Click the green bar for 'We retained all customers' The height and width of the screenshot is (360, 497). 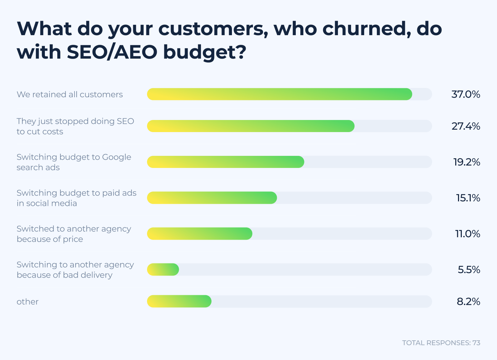(x=280, y=94)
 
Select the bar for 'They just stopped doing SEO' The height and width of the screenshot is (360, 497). (x=251, y=126)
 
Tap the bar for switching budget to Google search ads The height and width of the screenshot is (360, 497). (x=225, y=162)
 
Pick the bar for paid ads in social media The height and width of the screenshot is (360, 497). (x=212, y=198)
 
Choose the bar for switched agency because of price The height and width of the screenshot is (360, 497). (x=199, y=234)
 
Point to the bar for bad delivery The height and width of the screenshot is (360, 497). (x=163, y=270)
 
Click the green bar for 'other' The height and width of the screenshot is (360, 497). (x=179, y=301)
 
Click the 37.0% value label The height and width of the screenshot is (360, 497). (x=466, y=94)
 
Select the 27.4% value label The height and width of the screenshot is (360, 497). (x=466, y=126)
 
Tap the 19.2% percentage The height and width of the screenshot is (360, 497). (x=467, y=162)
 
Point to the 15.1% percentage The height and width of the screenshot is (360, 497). (x=468, y=198)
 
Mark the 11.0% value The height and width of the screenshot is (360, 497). (x=468, y=234)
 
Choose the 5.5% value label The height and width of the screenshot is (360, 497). (x=469, y=270)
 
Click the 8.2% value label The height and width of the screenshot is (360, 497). (x=468, y=301)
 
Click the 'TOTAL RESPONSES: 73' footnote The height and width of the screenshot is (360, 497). (x=441, y=343)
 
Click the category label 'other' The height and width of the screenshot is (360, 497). (x=28, y=302)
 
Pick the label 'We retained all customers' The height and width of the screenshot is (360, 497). (x=70, y=94)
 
